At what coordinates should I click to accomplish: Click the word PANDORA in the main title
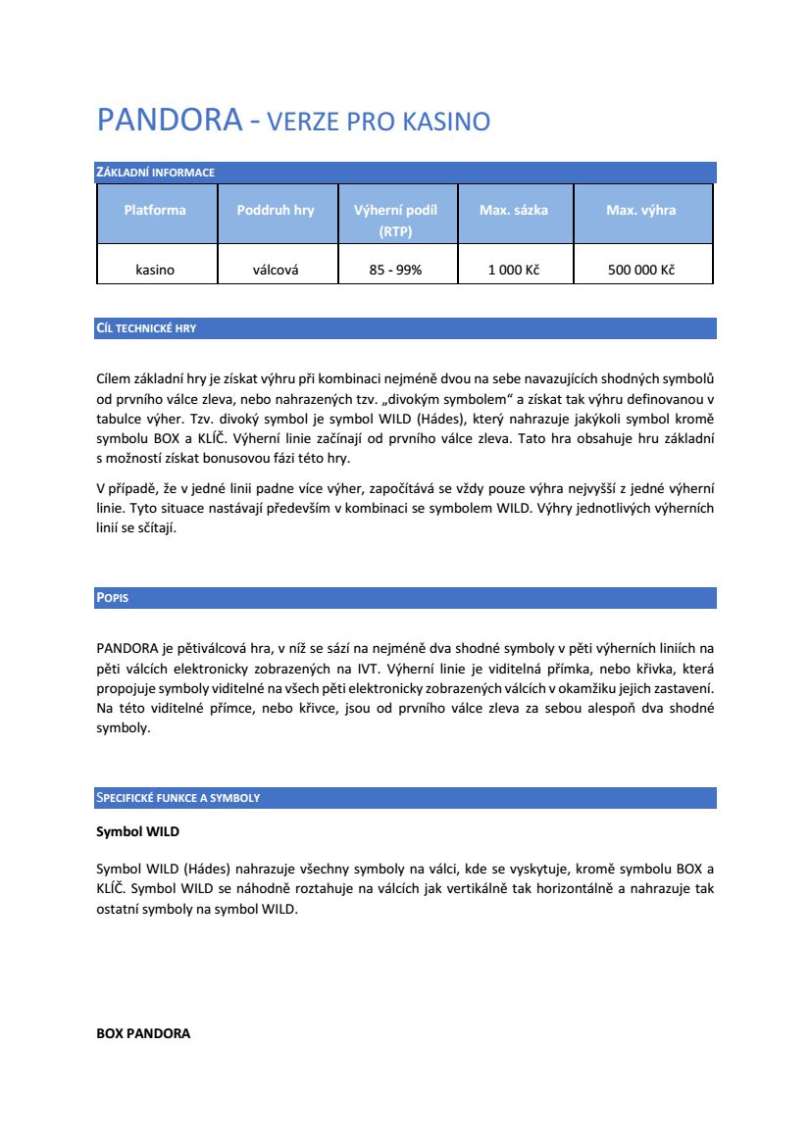coord(169,121)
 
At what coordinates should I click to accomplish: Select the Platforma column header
coord(155,211)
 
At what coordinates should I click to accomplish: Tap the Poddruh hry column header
coord(276,211)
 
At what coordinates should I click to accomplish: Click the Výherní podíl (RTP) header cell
coord(395,221)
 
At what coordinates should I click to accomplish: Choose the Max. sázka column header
coord(514,211)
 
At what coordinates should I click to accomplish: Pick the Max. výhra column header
coord(641,211)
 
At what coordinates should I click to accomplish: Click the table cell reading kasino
coord(155,270)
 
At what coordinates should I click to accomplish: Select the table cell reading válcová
coord(276,270)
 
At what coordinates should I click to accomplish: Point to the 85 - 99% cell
coord(395,270)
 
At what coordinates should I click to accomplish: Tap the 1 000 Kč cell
coord(514,270)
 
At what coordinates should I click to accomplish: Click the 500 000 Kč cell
coord(641,270)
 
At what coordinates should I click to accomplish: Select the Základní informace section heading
coord(155,173)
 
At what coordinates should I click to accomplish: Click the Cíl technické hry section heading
coord(146,328)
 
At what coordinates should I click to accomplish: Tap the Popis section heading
coord(112,597)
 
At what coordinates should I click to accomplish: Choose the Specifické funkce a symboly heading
coord(177,798)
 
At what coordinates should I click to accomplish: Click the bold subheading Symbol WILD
coord(137,831)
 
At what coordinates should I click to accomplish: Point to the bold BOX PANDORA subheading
coord(143,1033)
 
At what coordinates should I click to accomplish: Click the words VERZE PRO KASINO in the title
coord(379,123)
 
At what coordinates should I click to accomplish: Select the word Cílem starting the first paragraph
coord(116,377)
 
